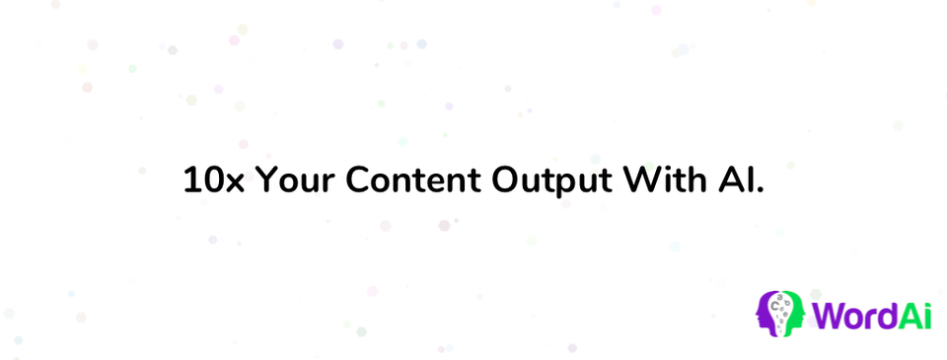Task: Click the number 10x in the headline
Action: coord(214,180)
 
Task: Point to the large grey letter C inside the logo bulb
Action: coord(775,306)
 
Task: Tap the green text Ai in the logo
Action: coord(913,316)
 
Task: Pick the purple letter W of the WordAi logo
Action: coord(830,316)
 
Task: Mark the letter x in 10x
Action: coord(235,183)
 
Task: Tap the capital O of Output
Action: coord(506,180)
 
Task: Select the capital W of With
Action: coord(644,180)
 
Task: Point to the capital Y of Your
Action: coord(266,180)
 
